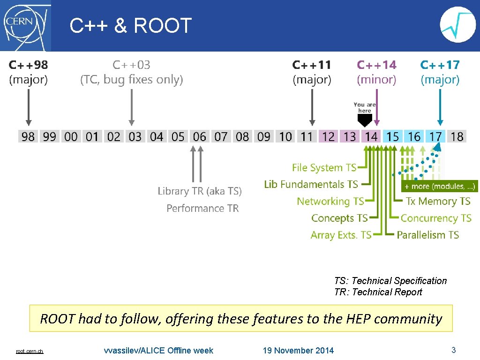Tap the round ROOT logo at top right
pos(457,25)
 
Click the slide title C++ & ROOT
pos(131,26)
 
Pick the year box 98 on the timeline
pos(28,136)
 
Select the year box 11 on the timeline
pos(307,136)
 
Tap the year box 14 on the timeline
pos(371,136)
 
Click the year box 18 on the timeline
pos(457,136)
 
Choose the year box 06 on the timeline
pos(199,136)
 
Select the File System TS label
pos(324,167)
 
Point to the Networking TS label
pos(330,201)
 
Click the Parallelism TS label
pos(427,235)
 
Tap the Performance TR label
pos(202,208)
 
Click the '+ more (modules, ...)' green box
pos(440,187)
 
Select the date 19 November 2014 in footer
pos(298,350)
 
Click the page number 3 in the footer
pos(453,350)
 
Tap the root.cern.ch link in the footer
pos(30,351)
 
